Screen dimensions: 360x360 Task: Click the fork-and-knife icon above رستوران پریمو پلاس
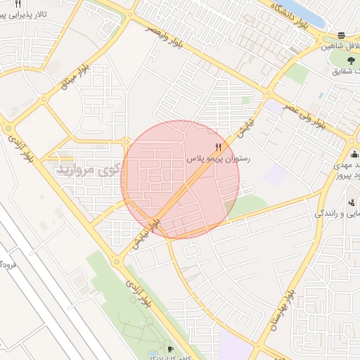218,148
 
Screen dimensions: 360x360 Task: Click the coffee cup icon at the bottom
169,349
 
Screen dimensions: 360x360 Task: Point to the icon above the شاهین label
341,35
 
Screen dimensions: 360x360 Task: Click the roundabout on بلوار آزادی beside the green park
117,261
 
